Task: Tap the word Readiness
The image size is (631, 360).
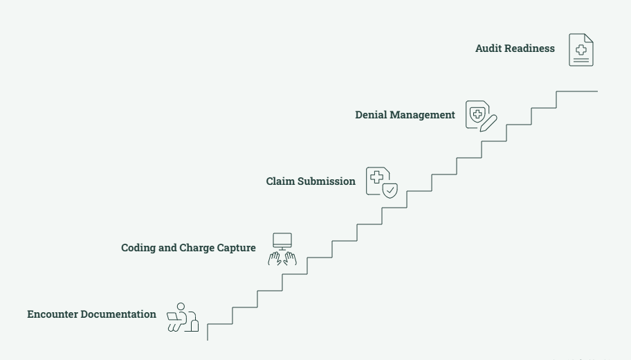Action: tap(529, 48)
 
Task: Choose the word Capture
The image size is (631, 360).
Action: tap(236, 248)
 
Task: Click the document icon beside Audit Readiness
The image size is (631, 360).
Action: tap(581, 50)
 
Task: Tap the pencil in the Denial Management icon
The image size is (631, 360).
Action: tap(488, 123)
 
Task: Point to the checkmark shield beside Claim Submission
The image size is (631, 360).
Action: tap(390, 190)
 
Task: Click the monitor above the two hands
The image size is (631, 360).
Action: tap(282, 242)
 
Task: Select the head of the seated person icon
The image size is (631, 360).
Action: tap(181, 307)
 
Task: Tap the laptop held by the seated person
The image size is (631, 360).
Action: tap(173, 316)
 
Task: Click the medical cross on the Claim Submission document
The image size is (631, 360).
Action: tap(376, 177)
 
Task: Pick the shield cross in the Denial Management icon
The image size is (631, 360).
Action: tap(477, 114)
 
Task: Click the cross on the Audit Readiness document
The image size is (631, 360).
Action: tap(581, 50)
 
